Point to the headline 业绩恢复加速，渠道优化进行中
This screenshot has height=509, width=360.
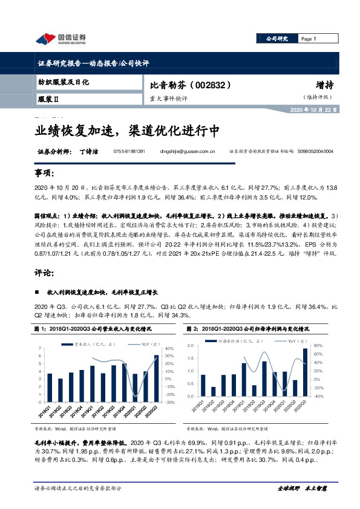pyautogui.click(x=126, y=131)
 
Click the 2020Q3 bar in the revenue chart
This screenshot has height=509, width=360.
pyautogui.click(x=155, y=375)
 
